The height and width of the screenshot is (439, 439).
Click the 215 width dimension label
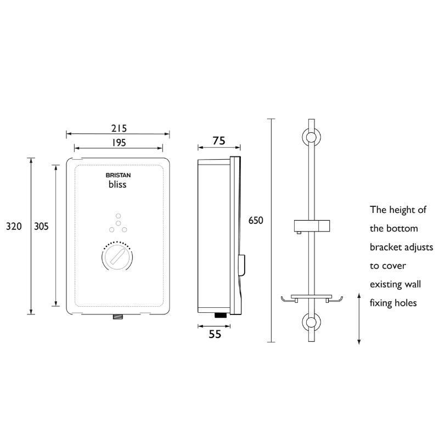tap(119, 128)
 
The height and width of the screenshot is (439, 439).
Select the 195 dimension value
tap(119, 143)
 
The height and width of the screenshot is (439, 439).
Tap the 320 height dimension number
tap(14, 226)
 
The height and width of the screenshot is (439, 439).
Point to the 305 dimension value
tap(42, 226)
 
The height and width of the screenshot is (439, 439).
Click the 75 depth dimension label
tap(218, 140)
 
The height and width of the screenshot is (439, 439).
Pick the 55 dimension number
tap(215, 334)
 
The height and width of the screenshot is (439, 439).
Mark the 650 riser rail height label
tap(256, 221)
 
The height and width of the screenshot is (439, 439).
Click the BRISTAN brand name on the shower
tap(118, 175)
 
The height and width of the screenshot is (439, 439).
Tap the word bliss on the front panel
tap(117, 184)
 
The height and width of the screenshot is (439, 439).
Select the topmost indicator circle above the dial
tap(119, 216)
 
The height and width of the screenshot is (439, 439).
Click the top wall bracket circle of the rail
tap(311, 138)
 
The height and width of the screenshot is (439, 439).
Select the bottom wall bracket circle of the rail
tap(311, 322)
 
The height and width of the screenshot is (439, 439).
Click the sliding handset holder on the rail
tap(312, 226)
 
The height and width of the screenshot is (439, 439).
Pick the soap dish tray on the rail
tap(312, 299)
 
